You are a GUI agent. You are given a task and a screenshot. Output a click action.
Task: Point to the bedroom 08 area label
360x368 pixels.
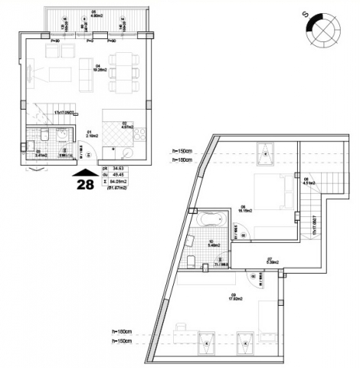(x=244, y=208)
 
